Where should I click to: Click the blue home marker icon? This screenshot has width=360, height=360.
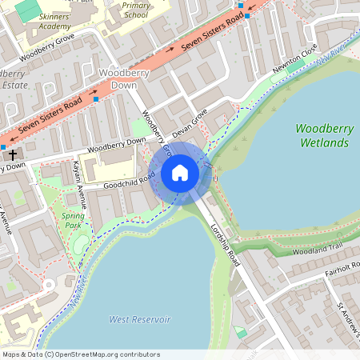coord(180,172)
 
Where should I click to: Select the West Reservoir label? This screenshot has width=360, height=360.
coord(140,319)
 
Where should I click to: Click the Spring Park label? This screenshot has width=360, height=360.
coord(73,221)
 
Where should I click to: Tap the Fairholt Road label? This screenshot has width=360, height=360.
coord(335,272)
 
